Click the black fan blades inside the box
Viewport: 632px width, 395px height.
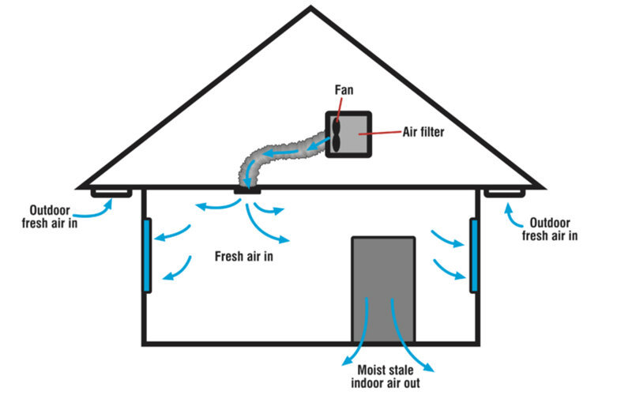tap(337, 134)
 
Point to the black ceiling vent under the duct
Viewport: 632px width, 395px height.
tap(248, 190)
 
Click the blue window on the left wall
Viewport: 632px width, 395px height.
tap(147, 255)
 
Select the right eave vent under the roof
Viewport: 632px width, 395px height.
tap(505, 192)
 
